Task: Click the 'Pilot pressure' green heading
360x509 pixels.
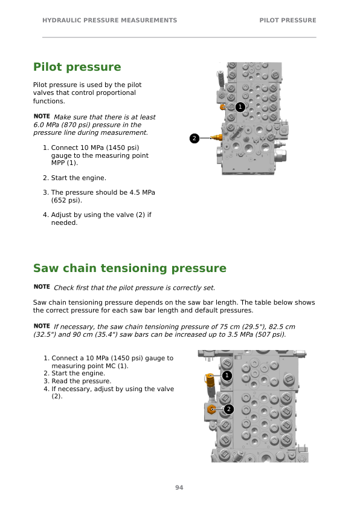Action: click(x=77, y=67)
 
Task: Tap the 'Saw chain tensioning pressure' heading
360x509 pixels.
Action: click(x=130, y=268)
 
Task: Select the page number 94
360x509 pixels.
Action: click(x=179, y=488)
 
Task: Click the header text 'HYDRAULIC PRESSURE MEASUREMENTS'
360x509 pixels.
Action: click(x=109, y=20)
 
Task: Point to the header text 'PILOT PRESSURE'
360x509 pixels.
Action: click(x=288, y=20)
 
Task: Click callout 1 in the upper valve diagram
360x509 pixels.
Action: click(x=240, y=107)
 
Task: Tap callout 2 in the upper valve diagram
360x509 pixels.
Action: click(x=194, y=138)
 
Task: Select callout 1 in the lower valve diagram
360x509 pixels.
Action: click(x=227, y=375)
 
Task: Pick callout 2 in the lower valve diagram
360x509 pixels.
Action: click(x=229, y=409)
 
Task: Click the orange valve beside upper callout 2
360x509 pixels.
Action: click(x=216, y=138)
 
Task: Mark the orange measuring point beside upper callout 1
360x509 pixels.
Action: click(x=223, y=107)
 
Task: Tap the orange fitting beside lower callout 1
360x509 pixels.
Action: click(x=210, y=380)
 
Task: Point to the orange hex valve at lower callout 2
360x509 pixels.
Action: click(x=211, y=409)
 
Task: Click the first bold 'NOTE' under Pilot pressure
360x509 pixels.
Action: click(x=42, y=116)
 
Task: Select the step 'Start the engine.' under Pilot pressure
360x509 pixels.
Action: click(x=79, y=178)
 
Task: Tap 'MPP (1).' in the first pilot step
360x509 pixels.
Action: click(x=65, y=163)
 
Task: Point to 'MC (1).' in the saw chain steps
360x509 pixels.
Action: click(x=117, y=366)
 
